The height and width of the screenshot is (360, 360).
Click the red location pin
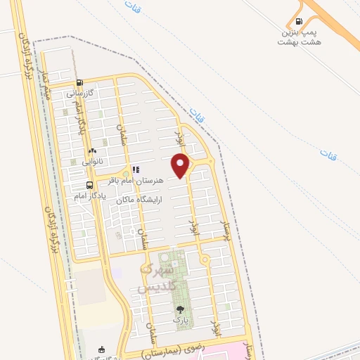181,165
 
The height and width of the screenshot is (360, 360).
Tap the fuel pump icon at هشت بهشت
300,22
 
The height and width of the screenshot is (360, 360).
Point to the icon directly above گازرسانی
80,82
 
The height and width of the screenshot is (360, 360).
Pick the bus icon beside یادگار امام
89,185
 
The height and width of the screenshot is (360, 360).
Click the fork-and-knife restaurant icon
136,169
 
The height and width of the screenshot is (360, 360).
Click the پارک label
181,319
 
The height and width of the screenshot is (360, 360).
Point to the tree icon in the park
181,309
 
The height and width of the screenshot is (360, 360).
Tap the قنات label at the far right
328,153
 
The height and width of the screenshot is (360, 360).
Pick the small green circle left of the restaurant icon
125,172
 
